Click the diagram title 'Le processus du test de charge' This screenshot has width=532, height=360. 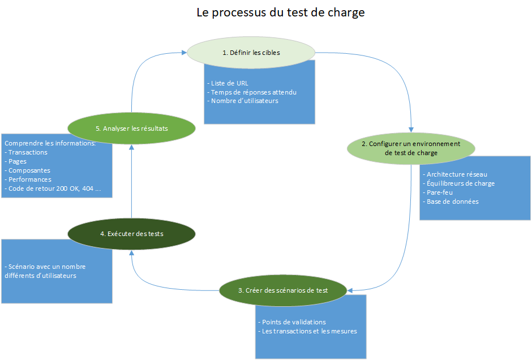coord(281,12)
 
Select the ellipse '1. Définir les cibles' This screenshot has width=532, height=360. coord(251,52)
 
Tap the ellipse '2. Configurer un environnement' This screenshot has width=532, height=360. coord(411,148)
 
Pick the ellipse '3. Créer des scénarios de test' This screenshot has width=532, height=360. coord(284,290)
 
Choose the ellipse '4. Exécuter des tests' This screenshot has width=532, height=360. coord(131,233)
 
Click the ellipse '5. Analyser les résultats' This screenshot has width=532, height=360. coord(131,128)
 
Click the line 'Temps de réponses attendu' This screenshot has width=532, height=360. coord(253,92)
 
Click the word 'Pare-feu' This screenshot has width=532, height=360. coord(440,192)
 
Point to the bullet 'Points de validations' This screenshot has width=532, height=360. coord(293,322)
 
